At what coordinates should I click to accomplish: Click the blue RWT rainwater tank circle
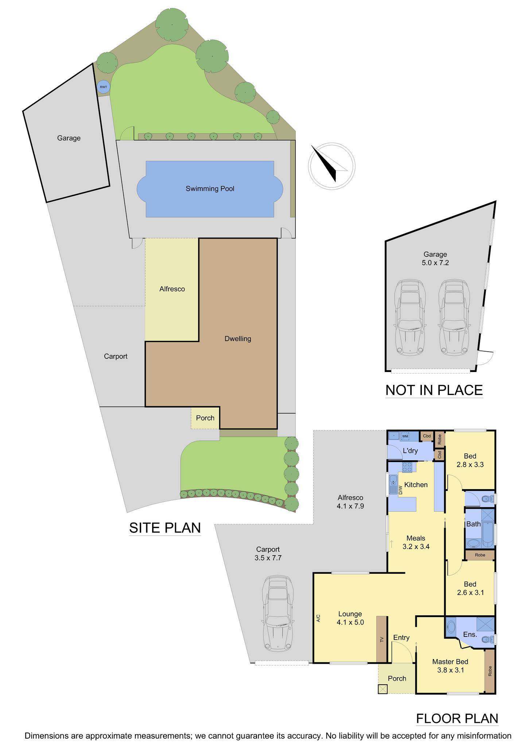(x=104, y=87)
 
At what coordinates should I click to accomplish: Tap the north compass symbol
(x=331, y=165)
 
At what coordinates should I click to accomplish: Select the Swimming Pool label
(x=210, y=189)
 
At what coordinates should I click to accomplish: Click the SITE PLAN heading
(x=165, y=528)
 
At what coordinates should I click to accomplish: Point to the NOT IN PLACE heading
(x=434, y=390)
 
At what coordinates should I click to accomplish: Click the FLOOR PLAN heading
(x=457, y=718)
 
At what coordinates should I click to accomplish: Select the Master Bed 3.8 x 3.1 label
(x=450, y=666)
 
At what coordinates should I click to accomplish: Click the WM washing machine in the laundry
(x=405, y=436)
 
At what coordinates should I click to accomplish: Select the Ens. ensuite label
(x=470, y=634)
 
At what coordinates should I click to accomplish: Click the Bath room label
(x=473, y=524)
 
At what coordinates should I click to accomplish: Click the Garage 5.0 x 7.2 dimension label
(x=435, y=258)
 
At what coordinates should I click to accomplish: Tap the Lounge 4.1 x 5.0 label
(x=350, y=618)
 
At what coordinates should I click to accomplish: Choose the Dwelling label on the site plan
(x=238, y=338)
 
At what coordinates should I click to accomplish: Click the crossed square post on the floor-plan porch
(x=383, y=689)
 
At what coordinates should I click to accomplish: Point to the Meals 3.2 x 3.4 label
(x=416, y=542)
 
